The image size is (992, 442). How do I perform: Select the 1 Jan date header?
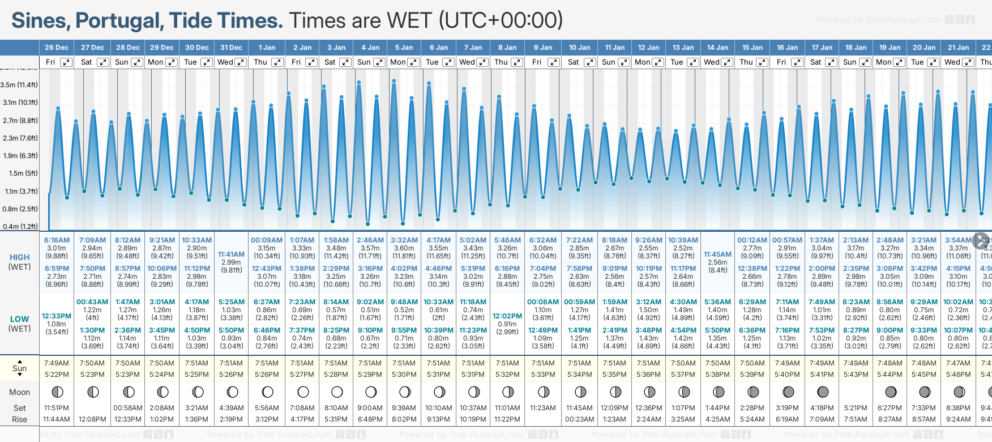point(267,48)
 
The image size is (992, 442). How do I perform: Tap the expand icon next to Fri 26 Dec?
point(66,62)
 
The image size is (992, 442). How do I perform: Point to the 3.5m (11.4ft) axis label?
point(19,85)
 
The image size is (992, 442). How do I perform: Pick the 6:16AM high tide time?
point(57,240)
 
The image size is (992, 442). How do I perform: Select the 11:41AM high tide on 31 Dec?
point(231,254)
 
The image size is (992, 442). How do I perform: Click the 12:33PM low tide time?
point(57,316)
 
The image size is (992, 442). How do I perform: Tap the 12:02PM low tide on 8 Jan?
point(507,316)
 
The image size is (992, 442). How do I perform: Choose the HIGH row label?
point(19,257)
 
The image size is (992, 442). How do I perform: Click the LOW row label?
point(19,319)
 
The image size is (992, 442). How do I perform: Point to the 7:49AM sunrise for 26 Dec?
point(57,363)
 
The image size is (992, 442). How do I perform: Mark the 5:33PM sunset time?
point(543,375)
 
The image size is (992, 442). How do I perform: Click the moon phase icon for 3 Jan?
point(337,392)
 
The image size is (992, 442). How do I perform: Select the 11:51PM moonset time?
point(57,408)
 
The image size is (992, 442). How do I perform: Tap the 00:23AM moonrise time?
point(579,419)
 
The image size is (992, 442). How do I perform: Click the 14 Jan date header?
point(717,48)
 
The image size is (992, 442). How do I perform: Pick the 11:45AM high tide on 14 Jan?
point(717,254)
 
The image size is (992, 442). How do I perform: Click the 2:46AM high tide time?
point(370,240)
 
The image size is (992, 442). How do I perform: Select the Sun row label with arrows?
point(19,368)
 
